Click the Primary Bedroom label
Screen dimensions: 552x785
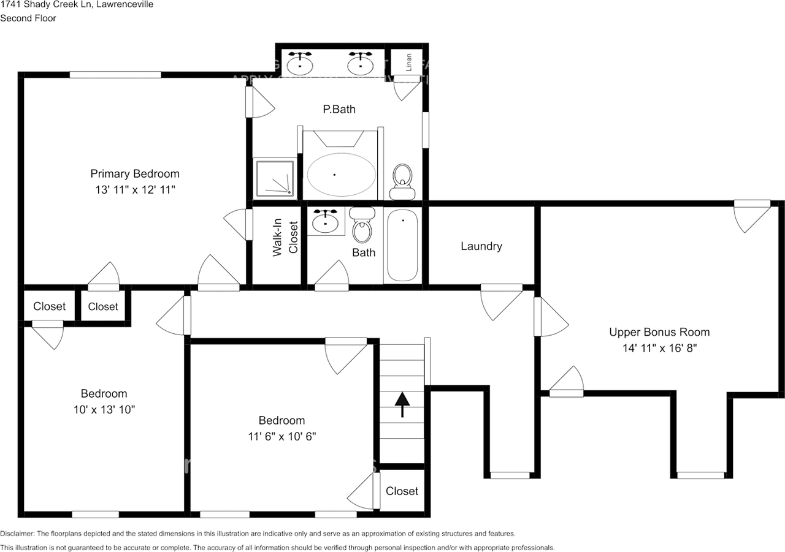[135, 173]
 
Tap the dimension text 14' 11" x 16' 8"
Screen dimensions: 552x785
[659, 348]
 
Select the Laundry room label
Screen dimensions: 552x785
[481, 246]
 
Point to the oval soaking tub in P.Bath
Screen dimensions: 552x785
[340, 175]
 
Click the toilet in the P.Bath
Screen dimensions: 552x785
[402, 181]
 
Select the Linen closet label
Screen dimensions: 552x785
[408, 62]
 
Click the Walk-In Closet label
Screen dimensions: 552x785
[285, 237]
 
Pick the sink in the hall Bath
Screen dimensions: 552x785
[325, 222]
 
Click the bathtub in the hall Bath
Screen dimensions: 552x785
[402, 245]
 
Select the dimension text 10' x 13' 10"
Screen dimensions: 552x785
[104, 409]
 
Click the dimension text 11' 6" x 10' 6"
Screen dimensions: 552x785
[281, 436]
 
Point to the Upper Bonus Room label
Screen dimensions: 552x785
[659, 332]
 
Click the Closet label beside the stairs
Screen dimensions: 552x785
[402, 491]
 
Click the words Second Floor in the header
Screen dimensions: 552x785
[28, 18]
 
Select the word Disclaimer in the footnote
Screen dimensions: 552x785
[18, 534]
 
